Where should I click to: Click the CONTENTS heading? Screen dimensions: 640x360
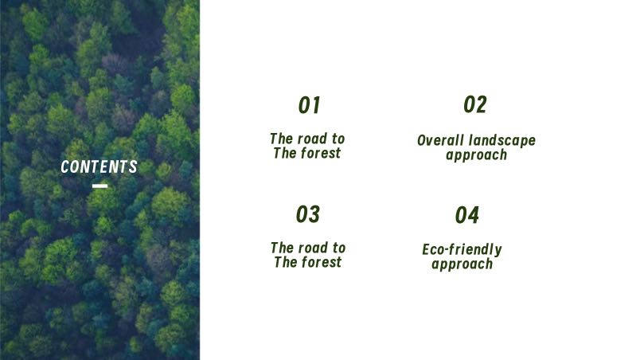(100, 166)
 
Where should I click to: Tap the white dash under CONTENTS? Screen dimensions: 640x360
(100, 186)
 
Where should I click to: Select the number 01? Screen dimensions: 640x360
(310, 105)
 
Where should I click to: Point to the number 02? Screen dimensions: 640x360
(475, 104)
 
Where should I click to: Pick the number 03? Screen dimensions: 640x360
(308, 214)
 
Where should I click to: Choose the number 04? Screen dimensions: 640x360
(467, 215)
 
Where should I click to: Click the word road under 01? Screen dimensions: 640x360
(312, 139)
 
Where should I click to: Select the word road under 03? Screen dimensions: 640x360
(313, 248)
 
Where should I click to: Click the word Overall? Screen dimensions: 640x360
(441, 140)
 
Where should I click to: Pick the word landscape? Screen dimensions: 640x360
(502, 141)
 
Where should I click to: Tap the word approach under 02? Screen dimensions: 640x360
(476, 155)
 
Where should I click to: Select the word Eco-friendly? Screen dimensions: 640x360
(462, 250)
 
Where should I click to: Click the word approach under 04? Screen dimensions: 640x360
(462, 264)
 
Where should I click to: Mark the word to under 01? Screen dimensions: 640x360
(338, 139)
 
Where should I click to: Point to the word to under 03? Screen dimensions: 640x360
(339, 248)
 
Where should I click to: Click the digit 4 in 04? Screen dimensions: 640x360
(474, 215)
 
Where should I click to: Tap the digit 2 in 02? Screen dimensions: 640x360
(482, 104)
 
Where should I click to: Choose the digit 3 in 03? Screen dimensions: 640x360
(314, 214)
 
